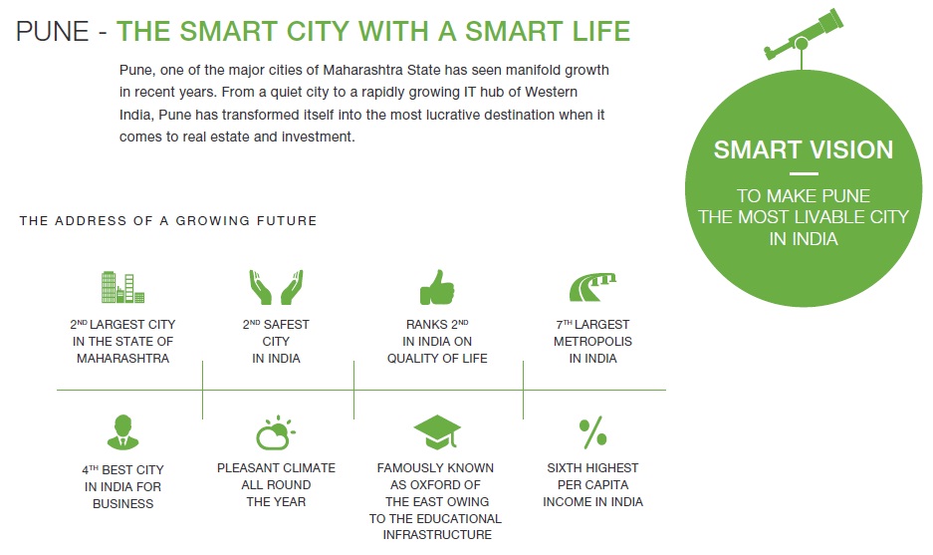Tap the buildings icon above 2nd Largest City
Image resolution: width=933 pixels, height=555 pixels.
point(122,287)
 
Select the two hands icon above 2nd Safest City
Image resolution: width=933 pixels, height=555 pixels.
point(276,287)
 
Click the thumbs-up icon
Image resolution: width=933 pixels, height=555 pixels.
point(437,287)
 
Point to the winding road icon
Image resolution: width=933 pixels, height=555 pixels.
point(592,287)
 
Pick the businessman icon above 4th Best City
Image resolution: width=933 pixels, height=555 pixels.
point(122,431)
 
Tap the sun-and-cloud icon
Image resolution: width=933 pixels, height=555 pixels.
point(276,432)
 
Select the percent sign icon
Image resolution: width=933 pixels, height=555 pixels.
point(592,431)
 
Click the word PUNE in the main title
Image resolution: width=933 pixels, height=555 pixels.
point(53,31)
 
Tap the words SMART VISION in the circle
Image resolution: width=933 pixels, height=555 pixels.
point(804,149)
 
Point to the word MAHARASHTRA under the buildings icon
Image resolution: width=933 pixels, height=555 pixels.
point(122,359)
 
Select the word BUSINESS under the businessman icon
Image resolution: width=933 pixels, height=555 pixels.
point(122,504)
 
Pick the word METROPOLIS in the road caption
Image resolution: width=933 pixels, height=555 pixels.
point(592,341)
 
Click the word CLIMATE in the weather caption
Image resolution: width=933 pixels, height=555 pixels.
point(309,468)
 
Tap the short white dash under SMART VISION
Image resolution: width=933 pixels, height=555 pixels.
point(804,174)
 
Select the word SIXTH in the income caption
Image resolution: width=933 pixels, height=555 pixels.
point(563,468)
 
